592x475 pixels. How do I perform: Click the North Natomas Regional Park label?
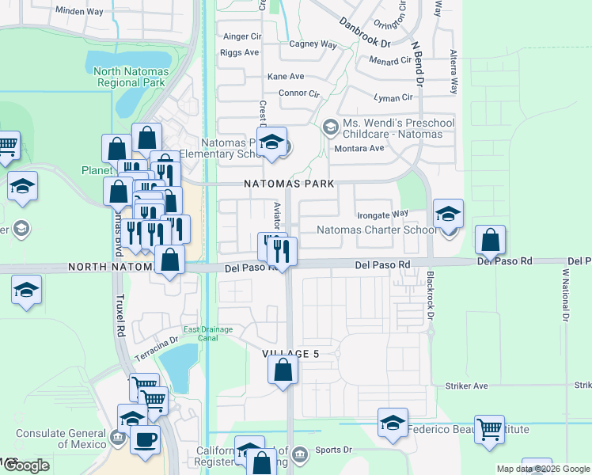(x=129, y=76)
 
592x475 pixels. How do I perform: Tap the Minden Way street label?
(x=80, y=11)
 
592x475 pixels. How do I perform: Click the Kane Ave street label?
(x=286, y=77)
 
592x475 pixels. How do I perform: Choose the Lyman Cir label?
(x=396, y=97)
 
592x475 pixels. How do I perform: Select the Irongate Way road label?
(x=382, y=214)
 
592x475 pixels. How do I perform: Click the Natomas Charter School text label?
(x=376, y=230)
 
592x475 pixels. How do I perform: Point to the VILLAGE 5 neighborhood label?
(x=291, y=354)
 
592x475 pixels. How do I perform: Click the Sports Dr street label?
(x=332, y=450)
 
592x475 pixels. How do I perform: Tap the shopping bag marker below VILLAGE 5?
(x=283, y=369)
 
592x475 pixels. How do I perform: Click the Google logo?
(x=26, y=465)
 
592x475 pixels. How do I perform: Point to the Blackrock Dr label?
(x=431, y=297)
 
